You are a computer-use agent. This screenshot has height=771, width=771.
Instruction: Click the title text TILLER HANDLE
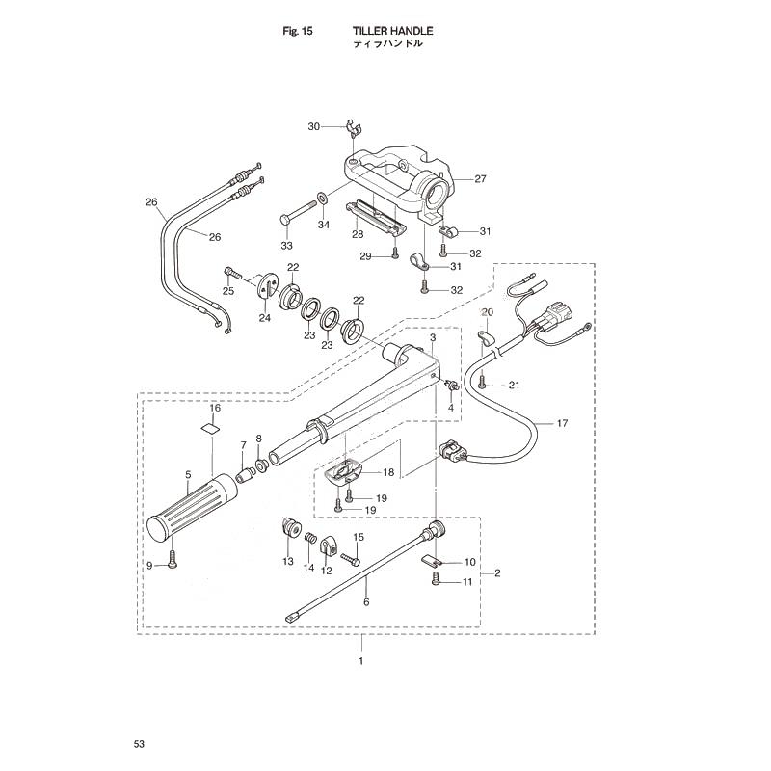[x=392, y=31]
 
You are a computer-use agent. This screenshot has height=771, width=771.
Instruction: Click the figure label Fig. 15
[x=298, y=32]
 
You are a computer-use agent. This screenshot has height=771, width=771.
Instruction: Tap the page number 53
[x=139, y=744]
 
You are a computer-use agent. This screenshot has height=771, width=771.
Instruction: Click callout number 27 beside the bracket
[x=480, y=179]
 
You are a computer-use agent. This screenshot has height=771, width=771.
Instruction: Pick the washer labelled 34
[x=324, y=199]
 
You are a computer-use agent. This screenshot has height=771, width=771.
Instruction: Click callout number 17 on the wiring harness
[x=562, y=423]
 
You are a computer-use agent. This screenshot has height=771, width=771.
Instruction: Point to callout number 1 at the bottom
[x=361, y=661]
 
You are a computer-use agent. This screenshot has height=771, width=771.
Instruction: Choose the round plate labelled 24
[x=268, y=286]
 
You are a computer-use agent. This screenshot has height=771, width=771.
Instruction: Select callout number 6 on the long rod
[x=366, y=601]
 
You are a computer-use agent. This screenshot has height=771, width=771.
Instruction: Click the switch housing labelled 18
[x=344, y=472]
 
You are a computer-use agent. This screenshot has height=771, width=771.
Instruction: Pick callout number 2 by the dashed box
[x=497, y=572]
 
